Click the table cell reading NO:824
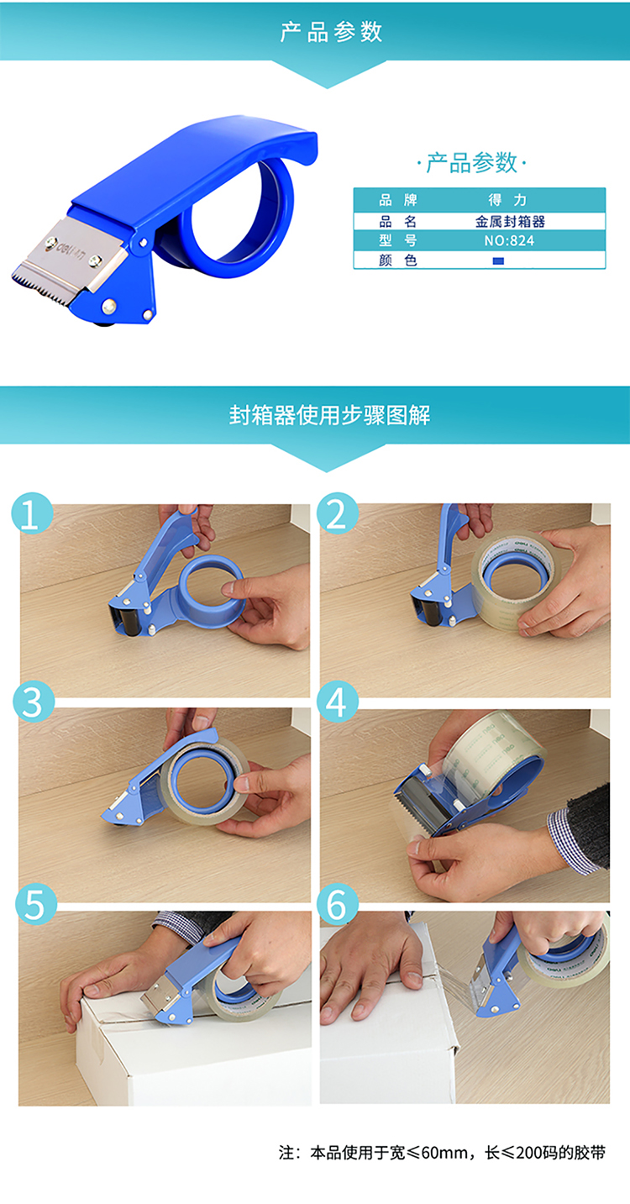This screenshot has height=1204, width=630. click(x=509, y=241)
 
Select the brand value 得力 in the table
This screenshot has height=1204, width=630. click(x=507, y=200)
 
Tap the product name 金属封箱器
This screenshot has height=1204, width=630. click(x=510, y=222)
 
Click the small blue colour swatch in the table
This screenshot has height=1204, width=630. click(x=498, y=260)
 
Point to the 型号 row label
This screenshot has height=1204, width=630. click(x=398, y=241)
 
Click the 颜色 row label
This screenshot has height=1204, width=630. click(x=398, y=260)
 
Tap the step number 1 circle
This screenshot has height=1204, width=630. click(x=32, y=513)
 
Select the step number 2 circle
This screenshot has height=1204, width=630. click(x=337, y=513)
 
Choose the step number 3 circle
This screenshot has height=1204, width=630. click(x=34, y=702)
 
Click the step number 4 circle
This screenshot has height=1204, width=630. click(x=337, y=702)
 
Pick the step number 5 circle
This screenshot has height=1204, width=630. click(x=35, y=904)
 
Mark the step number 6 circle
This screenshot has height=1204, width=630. click(x=338, y=904)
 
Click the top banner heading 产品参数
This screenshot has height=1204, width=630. click(x=331, y=32)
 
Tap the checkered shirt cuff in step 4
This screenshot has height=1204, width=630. click(x=573, y=839)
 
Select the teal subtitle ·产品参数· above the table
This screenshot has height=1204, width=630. click(x=471, y=163)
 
